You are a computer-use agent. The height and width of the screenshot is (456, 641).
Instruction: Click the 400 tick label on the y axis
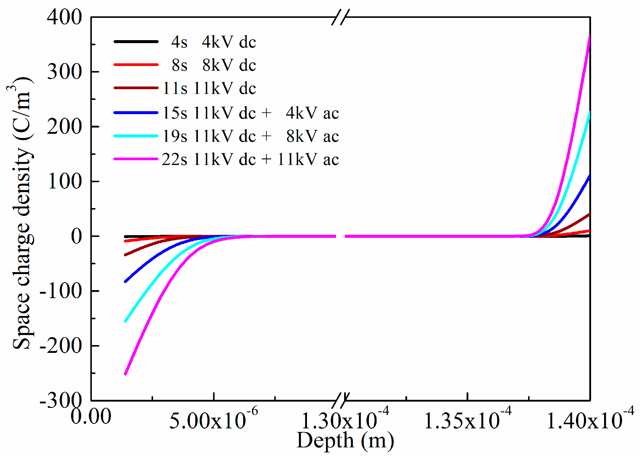64,17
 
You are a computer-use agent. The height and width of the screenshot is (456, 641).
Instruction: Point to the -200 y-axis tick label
61,346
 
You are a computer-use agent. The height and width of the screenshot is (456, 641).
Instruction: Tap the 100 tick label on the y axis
64,182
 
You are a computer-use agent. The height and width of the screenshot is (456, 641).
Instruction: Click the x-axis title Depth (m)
345,441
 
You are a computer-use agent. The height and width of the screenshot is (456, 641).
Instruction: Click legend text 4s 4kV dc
213,42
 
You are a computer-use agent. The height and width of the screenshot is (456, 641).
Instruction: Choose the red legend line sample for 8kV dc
136,65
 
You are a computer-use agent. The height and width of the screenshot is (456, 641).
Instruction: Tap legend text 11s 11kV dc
209,88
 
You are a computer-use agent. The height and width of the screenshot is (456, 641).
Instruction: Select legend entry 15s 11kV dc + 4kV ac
251,113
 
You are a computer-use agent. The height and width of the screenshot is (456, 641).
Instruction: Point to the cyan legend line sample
136,136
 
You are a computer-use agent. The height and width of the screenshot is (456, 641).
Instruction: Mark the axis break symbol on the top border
341,17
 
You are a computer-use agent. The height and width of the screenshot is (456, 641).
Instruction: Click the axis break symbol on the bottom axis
341,400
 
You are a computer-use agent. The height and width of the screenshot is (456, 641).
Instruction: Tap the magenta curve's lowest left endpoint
125,374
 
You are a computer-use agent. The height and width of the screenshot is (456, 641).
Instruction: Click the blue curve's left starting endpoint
125,281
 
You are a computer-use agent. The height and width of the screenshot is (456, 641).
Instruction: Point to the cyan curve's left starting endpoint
125,321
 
